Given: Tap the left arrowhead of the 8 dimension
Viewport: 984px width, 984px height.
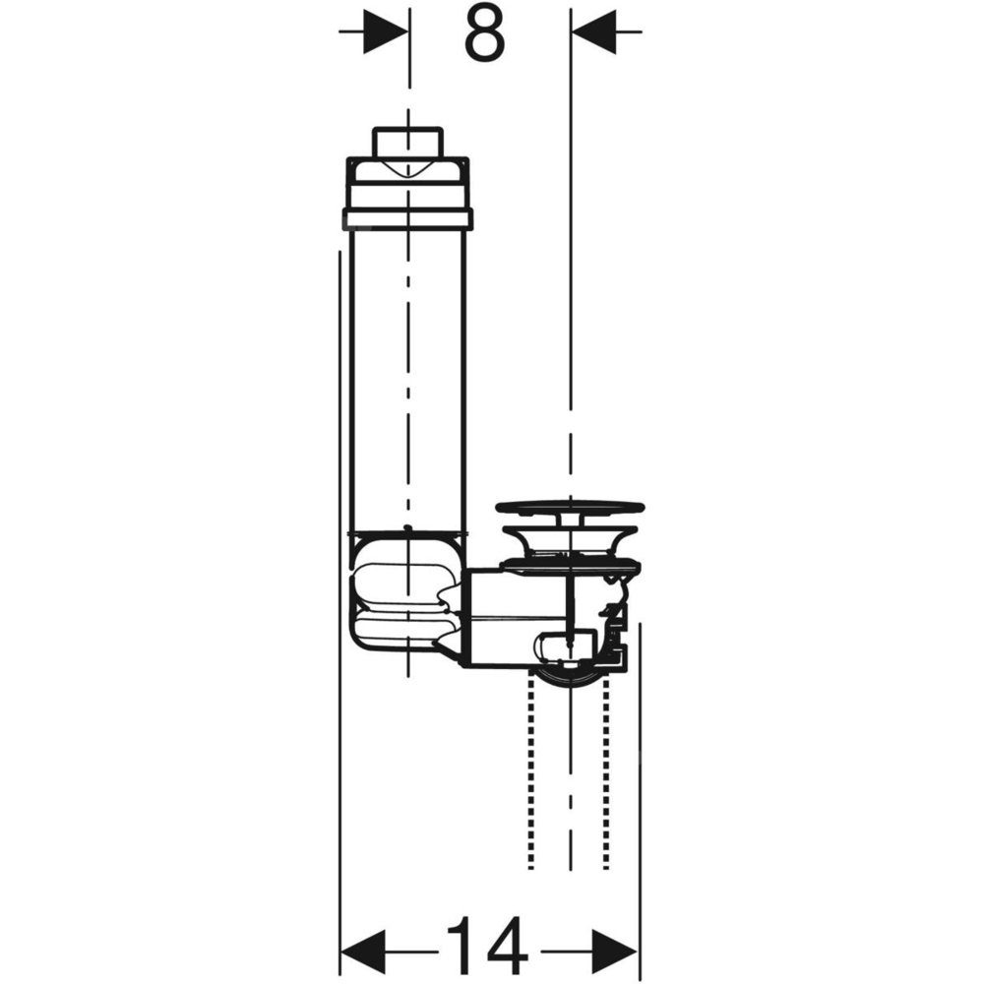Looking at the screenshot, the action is [x=383, y=31].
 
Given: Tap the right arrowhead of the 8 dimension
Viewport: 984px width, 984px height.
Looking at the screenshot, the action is [x=593, y=31].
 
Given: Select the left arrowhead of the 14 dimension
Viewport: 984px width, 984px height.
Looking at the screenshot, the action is [x=362, y=952].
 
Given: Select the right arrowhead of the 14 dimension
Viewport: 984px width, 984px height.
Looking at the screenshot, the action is [x=616, y=952].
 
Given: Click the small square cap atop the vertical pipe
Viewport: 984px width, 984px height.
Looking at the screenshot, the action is [x=408, y=143].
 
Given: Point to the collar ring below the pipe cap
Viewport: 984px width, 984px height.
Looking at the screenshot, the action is [x=408, y=217].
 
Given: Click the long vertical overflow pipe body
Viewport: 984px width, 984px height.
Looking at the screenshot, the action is [x=408, y=380].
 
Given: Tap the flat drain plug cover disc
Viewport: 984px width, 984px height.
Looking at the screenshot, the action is [x=570, y=507].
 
